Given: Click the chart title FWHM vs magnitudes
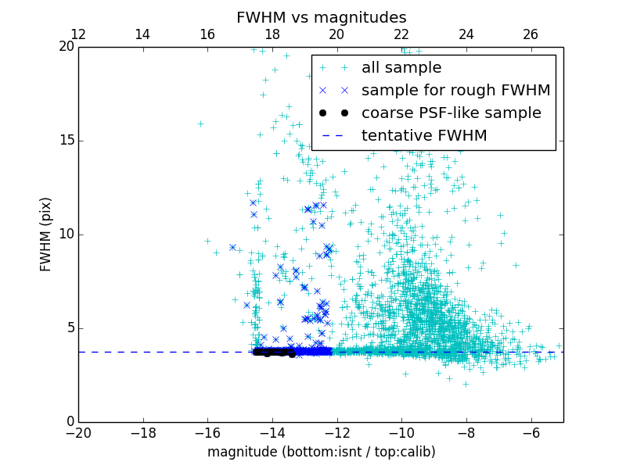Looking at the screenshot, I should (321, 17).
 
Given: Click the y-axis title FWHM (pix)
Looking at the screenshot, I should (46, 234).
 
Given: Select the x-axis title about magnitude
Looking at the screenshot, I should (321, 452).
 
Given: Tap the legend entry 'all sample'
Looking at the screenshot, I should (401, 68).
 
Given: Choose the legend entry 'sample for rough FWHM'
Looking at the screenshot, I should (455, 91).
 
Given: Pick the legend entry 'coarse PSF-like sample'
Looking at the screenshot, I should (451, 113).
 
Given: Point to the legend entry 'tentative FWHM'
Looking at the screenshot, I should (424, 136).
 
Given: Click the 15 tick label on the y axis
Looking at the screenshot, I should (66, 141).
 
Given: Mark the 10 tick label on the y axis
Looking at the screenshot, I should (66, 234).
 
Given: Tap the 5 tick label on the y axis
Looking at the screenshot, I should (70, 328).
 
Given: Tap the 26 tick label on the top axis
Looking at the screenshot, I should (531, 34).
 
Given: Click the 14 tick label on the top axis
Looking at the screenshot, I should (142, 34).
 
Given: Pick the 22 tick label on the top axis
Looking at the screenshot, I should (401, 34).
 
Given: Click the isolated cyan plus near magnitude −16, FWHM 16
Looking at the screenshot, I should (200, 124).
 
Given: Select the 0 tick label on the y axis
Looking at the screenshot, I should (70, 422).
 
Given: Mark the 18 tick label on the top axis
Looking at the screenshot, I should (272, 34).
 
